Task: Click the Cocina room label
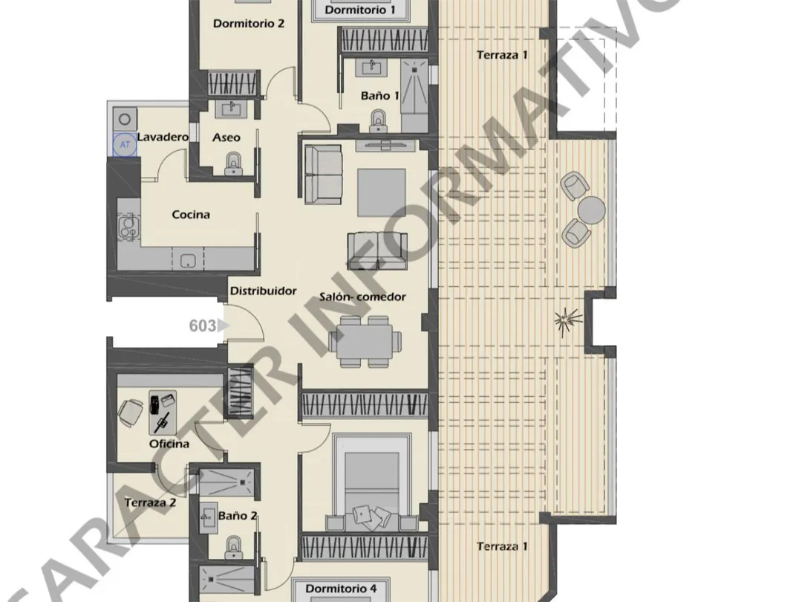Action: [191, 215]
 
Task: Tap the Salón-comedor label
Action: [362, 297]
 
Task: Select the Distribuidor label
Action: [264, 291]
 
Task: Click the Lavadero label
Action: [163, 137]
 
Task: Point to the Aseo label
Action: [226, 137]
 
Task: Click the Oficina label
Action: [169, 444]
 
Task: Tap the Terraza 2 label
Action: [150, 502]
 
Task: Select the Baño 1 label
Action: [380, 96]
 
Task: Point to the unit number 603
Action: [203, 326]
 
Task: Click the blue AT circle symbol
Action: [125, 145]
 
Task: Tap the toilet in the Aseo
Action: [233, 164]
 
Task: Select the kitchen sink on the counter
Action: [188, 261]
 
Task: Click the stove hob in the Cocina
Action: [128, 227]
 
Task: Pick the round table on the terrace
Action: [592, 210]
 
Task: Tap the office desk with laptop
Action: [163, 412]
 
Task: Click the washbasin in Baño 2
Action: [208, 518]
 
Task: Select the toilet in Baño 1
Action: [379, 121]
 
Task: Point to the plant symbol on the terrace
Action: [568, 321]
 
